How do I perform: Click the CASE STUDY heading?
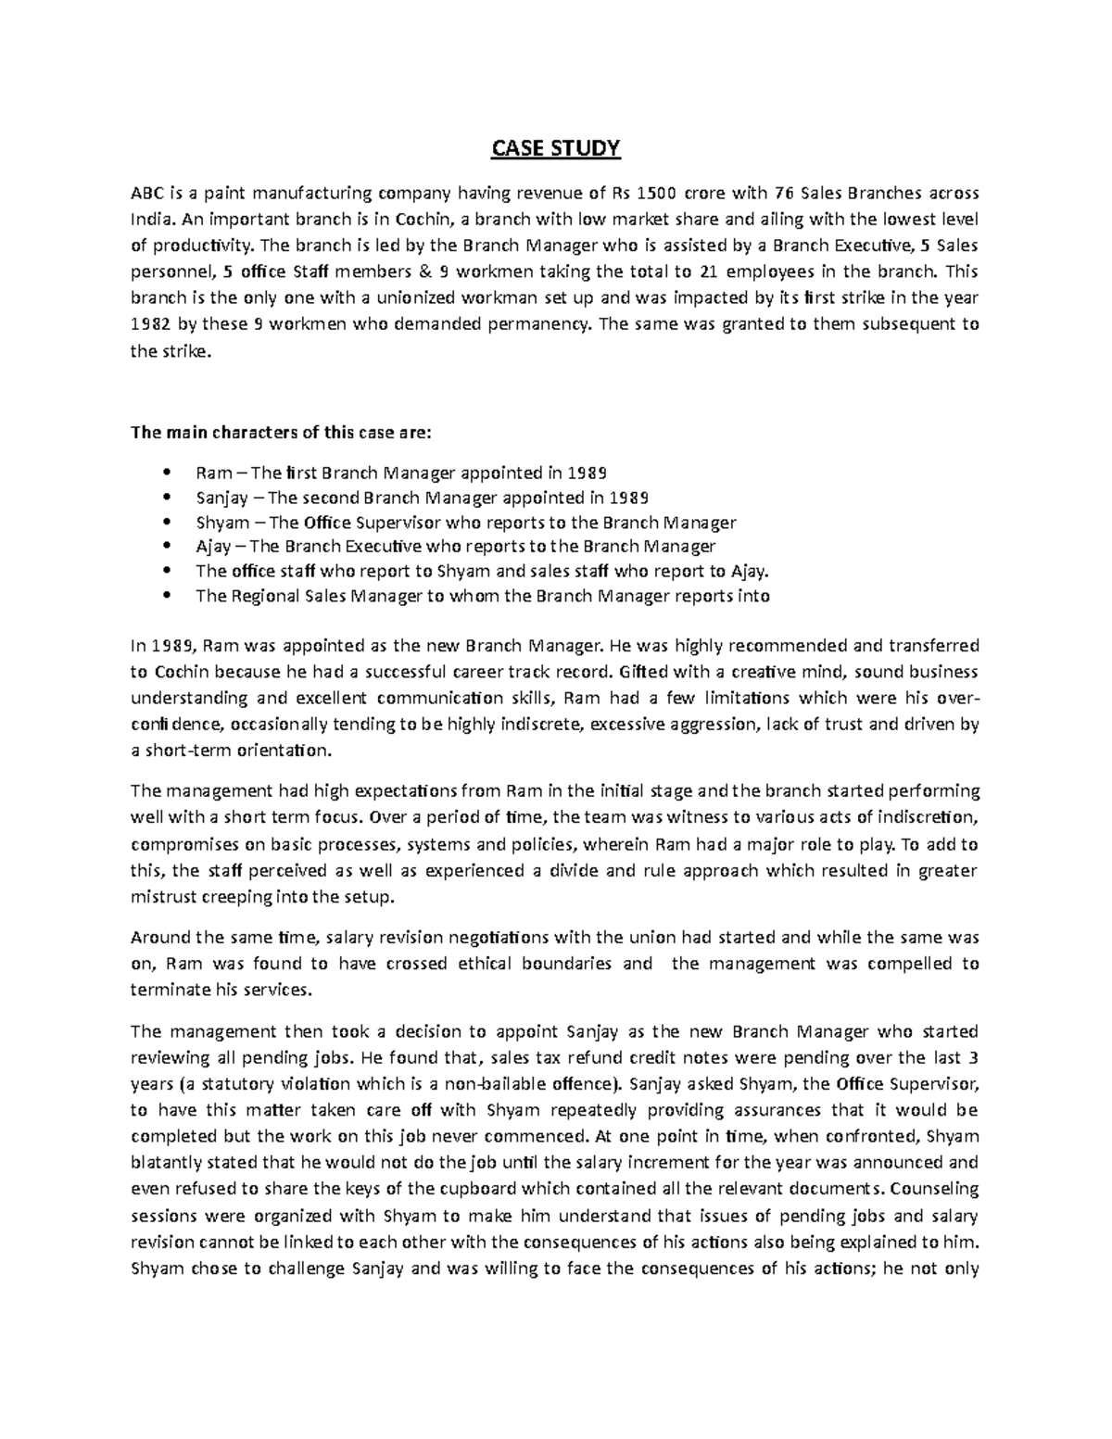[x=555, y=149]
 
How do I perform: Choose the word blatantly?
[x=168, y=1162]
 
